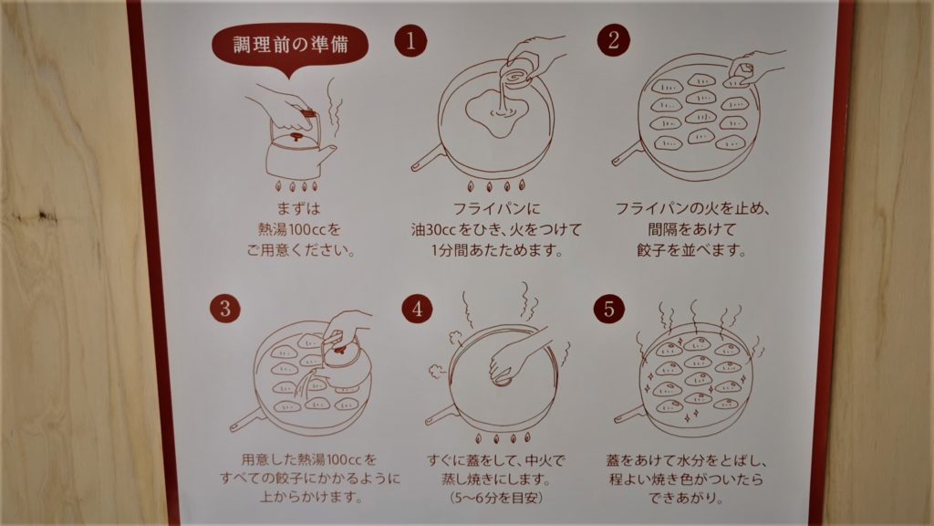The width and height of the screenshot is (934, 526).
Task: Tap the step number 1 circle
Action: pyautogui.click(x=410, y=40)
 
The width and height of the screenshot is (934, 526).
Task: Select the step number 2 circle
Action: pyautogui.click(x=614, y=40)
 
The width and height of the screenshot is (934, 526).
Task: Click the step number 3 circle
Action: pyautogui.click(x=225, y=308)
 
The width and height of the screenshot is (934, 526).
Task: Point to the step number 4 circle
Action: pyautogui.click(x=417, y=309)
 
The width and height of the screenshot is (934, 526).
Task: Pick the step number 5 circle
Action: pyautogui.click(x=608, y=309)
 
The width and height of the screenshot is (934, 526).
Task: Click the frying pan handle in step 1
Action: pyautogui.click(x=428, y=159)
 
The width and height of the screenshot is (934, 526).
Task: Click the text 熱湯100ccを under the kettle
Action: pyautogui.click(x=299, y=229)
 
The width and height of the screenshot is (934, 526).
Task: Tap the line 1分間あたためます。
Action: pyautogui.click(x=497, y=249)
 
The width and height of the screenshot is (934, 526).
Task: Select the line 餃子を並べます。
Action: pyautogui.click(x=691, y=249)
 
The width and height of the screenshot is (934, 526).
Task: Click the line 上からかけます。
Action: pyautogui.click(x=310, y=496)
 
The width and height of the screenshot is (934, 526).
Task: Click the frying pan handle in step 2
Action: pyautogui.click(x=628, y=153)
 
